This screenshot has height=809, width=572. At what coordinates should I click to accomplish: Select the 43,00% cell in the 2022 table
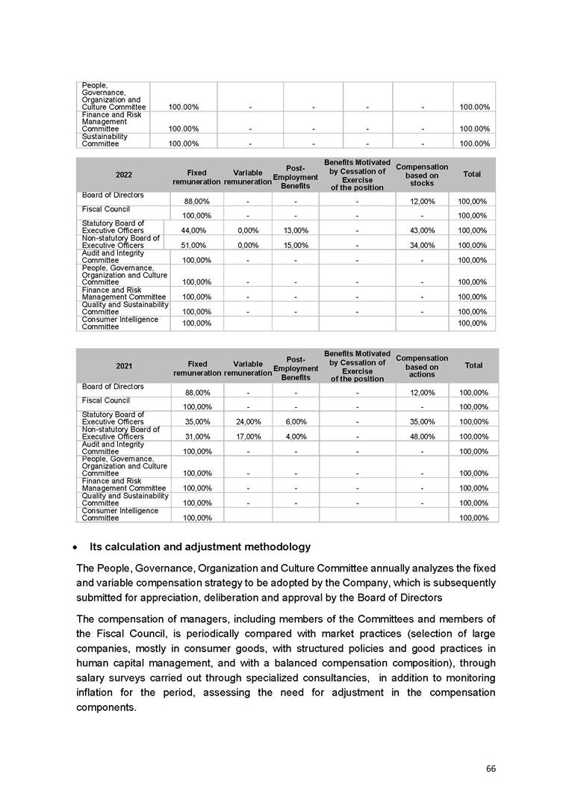pos(422,230)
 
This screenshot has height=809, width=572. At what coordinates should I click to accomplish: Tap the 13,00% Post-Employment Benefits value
pos(296,230)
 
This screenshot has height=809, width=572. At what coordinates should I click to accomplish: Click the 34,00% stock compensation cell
pos(422,245)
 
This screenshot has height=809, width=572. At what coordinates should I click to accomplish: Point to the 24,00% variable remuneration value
pos(247,421)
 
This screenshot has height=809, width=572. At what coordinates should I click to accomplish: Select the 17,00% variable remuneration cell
pos(247,436)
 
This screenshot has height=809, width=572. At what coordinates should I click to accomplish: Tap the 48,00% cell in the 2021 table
pos(422,436)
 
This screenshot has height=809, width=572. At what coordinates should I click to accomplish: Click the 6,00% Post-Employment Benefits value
pos(296,421)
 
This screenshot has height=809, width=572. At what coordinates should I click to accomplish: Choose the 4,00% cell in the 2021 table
pos(296,436)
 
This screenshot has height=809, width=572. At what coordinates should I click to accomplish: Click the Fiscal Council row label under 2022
pos(106,208)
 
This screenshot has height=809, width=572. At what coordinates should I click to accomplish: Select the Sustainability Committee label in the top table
pos(105,140)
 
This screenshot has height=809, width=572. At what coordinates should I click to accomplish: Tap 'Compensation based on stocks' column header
pos(422,175)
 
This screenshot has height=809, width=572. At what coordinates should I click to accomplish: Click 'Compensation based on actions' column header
pos(422,366)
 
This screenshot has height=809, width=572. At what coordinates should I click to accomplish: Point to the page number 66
pos(491,769)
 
